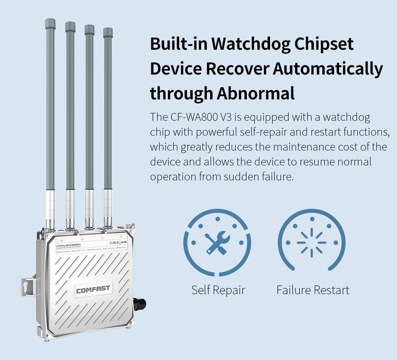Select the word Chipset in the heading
pyautogui.click(x=324, y=44)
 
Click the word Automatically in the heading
pyautogui.click(x=328, y=69)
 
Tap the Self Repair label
pyautogui.click(x=218, y=290)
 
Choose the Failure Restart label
pyautogui.click(x=313, y=290)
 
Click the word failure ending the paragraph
pyautogui.click(x=278, y=177)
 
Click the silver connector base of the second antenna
pyautogui.click(x=70, y=207)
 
